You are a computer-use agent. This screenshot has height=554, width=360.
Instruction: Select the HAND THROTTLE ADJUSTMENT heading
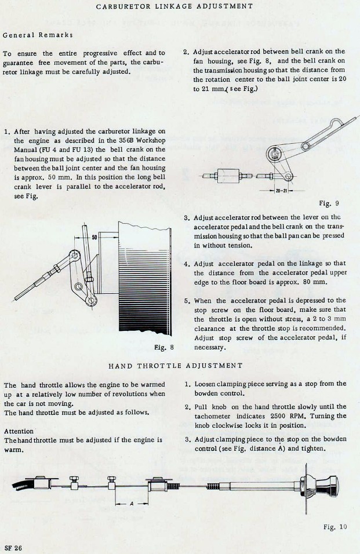[x=175, y=366]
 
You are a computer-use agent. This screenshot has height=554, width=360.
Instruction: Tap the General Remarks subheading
[x=38, y=35]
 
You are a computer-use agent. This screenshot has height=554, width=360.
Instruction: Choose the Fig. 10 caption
[x=335, y=527]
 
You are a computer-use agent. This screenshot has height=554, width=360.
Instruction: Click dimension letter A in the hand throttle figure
[x=131, y=503]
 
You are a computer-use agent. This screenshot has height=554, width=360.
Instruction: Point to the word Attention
[x=19, y=431]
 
